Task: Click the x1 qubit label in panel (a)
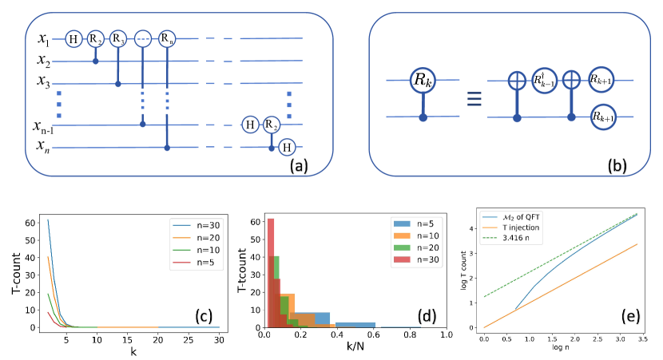click(44, 38)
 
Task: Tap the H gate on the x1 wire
click(73, 39)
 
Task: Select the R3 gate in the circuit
click(118, 39)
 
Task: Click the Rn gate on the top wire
click(166, 39)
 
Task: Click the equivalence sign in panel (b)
click(473, 99)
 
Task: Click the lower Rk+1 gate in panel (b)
click(605, 117)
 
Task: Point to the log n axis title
click(561, 347)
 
